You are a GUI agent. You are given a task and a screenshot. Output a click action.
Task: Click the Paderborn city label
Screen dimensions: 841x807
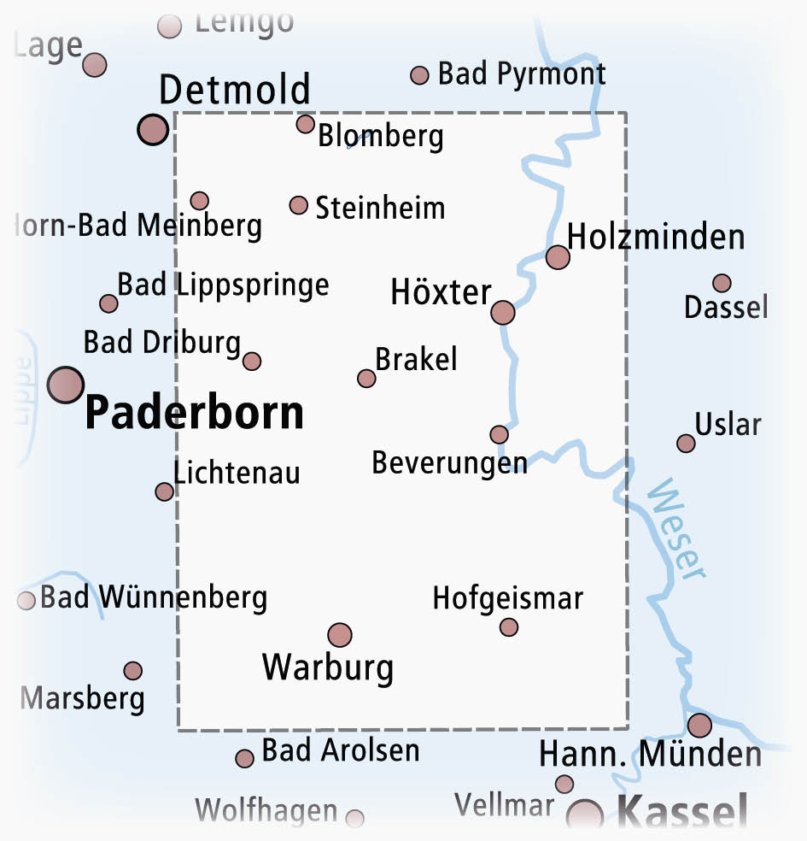click(x=195, y=414)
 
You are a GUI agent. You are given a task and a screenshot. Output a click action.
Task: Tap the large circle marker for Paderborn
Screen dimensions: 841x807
click(x=66, y=385)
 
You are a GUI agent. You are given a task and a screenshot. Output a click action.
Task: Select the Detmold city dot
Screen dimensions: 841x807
click(x=153, y=129)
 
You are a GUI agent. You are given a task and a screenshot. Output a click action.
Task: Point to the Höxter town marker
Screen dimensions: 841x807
click(x=503, y=312)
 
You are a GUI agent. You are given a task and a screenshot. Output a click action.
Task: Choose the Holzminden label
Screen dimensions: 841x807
click(x=656, y=237)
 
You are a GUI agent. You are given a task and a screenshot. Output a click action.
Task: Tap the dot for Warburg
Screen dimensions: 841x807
click(x=340, y=634)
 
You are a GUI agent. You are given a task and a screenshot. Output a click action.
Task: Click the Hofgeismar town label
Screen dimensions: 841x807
click(x=507, y=598)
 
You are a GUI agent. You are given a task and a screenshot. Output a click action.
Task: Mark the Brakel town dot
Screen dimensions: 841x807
click(x=366, y=378)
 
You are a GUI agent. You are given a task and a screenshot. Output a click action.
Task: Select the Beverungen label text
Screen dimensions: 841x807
click(x=449, y=463)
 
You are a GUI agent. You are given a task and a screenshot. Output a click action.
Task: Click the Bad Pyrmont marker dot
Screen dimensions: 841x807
click(x=419, y=75)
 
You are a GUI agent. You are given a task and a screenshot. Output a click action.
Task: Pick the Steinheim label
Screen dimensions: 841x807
click(x=380, y=208)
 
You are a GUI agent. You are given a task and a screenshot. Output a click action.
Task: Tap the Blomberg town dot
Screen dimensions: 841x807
click(x=305, y=124)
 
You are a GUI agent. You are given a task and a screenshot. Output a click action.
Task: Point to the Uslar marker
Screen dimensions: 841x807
click(x=686, y=443)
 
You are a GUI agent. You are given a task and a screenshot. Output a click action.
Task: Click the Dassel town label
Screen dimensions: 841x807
click(x=726, y=307)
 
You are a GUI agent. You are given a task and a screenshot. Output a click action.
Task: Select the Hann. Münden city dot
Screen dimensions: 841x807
click(x=699, y=726)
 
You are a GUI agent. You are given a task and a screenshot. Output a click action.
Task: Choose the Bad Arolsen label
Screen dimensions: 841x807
click(x=341, y=750)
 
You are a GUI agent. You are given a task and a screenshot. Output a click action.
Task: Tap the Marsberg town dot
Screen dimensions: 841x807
click(x=132, y=670)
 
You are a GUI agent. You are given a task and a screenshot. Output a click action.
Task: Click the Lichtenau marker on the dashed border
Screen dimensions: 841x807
click(x=164, y=491)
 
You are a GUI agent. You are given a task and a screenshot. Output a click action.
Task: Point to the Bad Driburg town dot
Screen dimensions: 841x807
click(x=251, y=361)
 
